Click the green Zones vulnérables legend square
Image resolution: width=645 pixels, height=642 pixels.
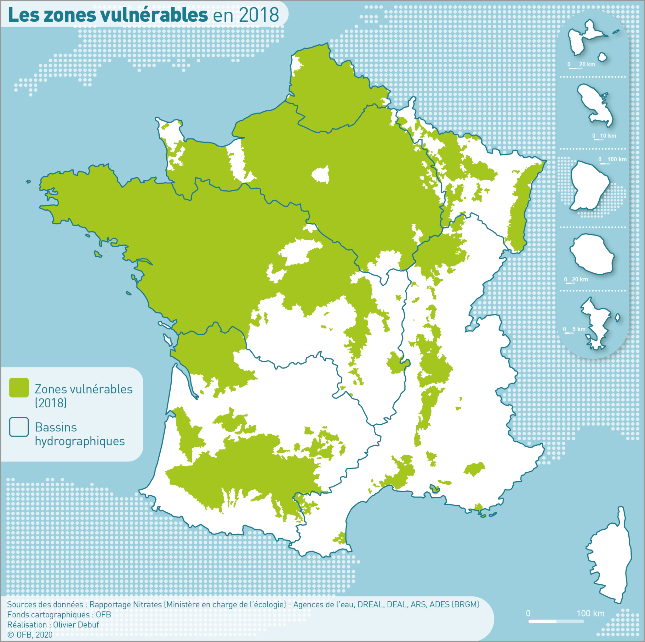pyautogui.click(x=19, y=388)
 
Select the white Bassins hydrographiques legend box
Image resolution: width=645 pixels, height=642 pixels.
pyautogui.click(x=19, y=427)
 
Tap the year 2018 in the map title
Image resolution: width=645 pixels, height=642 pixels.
pyautogui.click(x=259, y=15)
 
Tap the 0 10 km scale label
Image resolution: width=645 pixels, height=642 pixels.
pyautogui.click(x=604, y=136)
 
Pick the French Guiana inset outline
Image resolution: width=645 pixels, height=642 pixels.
pyautogui.click(x=589, y=185)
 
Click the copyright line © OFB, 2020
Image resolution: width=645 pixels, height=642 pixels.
pyautogui.click(x=30, y=635)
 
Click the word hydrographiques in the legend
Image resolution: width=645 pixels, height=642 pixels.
pyautogui.click(x=80, y=441)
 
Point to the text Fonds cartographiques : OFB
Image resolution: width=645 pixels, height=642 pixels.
pyautogui.click(x=59, y=615)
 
